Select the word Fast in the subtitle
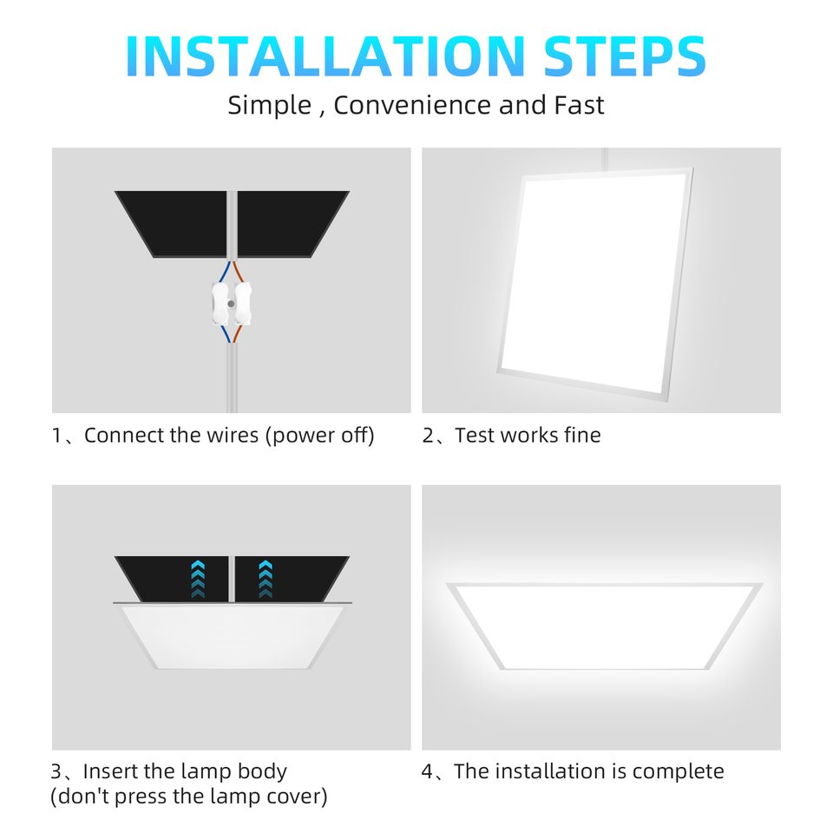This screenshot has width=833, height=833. click(579, 105)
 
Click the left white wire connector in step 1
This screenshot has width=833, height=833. click(220, 303)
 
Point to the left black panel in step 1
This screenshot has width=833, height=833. click(174, 222)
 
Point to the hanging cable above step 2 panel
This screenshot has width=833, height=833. click(604, 158)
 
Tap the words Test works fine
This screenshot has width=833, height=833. click(528, 436)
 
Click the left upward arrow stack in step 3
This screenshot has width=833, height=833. click(198, 579)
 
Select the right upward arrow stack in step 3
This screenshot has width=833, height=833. click(266, 579)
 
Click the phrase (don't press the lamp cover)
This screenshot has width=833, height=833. click(189, 797)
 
